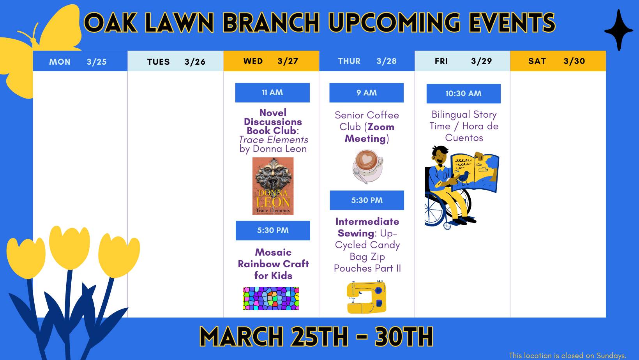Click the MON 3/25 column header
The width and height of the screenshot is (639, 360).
tap(80, 62)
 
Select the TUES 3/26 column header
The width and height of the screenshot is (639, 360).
tap(175, 62)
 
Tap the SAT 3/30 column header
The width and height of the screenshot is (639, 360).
tap(558, 61)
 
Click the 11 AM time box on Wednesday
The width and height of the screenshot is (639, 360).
tap(272, 93)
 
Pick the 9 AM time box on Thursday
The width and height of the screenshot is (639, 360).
tap(366, 93)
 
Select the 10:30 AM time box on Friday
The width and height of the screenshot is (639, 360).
tap(463, 94)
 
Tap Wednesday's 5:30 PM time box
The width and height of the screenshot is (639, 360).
tap(273, 230)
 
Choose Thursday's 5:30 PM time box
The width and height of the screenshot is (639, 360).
tap(367, 200)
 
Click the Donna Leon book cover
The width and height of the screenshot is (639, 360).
tap(273, 186)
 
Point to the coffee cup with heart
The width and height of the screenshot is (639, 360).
tap(367, 166)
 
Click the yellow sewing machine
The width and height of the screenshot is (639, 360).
tap(366, 297)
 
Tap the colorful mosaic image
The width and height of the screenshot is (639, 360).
tap(271, 298)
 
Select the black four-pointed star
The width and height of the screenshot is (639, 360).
tap(619, 30)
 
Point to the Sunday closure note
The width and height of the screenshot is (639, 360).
tap(567, 355)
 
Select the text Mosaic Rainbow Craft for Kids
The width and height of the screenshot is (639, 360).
tap(273, 264)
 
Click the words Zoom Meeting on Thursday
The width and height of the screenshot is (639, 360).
tap(368, 133)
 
